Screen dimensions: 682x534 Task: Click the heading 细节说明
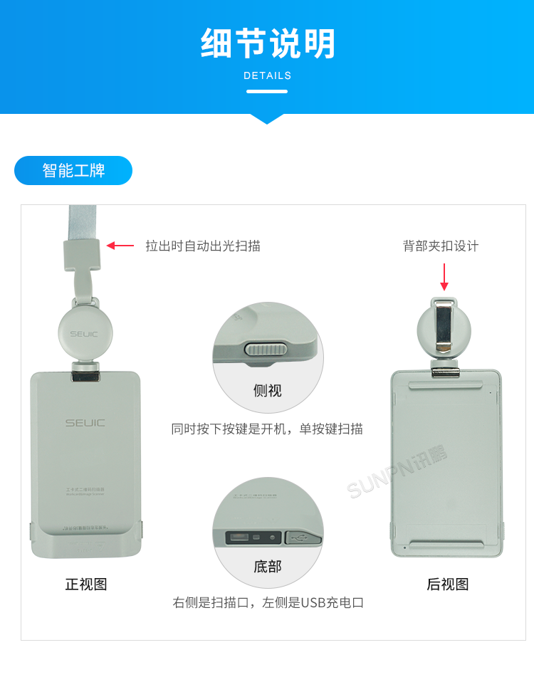[267, 44]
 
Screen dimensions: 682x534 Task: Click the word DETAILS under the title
[267, 75]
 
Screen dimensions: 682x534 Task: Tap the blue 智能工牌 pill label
[73, 171]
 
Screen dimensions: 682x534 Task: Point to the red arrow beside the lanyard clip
[120, 246]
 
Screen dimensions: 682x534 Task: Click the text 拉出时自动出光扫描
[203, 246]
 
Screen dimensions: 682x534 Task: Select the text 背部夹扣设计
[441, 246]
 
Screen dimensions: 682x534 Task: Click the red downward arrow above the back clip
[444, 278]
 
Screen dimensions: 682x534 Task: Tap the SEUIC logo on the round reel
[84, 333]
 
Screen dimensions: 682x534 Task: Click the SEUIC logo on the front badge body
[85, 423]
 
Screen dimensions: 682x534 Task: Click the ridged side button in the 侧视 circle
[265, 349]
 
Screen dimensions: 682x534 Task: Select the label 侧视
[268, 390]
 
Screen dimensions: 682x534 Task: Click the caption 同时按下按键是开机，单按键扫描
[267, 429]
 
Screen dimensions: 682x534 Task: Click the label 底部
[268, 567]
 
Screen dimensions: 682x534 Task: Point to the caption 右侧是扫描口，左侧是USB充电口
[268, 602]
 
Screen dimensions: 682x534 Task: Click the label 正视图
[86, 584]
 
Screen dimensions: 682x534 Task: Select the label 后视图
[448, 584]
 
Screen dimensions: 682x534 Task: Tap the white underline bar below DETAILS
[267, 91]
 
